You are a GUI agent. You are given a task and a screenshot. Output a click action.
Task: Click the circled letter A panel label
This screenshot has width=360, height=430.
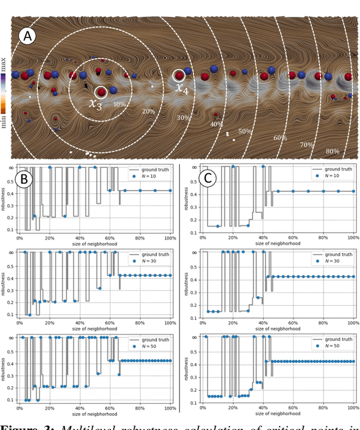[27, 37]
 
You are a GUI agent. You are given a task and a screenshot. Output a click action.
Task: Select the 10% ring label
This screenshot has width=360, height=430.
[119, 105]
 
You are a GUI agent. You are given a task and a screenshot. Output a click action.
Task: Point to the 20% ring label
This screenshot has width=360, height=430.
[148, 112]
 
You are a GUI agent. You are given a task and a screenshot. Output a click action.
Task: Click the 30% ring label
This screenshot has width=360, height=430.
[183, 118]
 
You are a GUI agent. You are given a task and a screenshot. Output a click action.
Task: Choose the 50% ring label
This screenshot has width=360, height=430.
[245, 132]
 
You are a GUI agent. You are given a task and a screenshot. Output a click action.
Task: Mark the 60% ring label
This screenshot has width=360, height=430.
[280, 138]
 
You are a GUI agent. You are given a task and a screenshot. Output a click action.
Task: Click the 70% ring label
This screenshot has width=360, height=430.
[307, 144]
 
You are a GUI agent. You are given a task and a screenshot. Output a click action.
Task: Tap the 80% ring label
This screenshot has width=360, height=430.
[332, 151]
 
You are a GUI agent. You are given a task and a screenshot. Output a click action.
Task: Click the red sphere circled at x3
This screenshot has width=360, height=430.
[101, 92]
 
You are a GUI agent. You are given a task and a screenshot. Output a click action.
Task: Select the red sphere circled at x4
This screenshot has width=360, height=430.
[179, 75]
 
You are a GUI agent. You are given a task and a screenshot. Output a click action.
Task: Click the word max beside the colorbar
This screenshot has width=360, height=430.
[4, 61]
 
